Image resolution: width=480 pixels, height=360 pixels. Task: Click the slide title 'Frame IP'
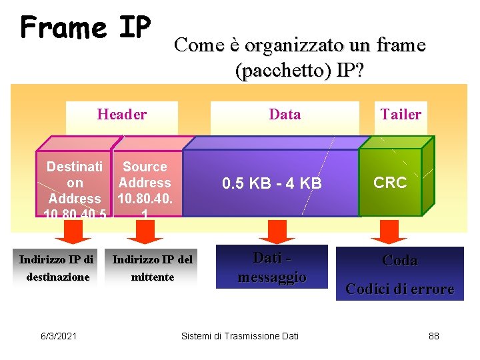coord(86,28)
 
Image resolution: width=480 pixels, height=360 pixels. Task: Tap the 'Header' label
coord(121,115)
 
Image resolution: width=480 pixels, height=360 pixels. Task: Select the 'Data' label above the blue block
coord(285,115)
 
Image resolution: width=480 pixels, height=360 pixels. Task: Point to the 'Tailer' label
coord(401,115)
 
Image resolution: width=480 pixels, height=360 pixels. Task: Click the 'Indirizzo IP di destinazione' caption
coord(57,268)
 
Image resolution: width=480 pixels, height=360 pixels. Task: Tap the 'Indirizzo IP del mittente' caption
coord(152,268)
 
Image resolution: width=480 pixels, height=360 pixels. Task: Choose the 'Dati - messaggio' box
coord(272,267)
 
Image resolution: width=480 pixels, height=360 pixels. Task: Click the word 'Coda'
coord(399,261)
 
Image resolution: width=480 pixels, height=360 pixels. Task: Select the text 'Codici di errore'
coord(399,289)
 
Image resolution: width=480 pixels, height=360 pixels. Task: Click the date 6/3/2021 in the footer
coord(58,336)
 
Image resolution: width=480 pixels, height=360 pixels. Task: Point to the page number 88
coord(433,336)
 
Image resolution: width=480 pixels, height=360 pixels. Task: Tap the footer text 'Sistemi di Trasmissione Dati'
coord(240,336)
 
